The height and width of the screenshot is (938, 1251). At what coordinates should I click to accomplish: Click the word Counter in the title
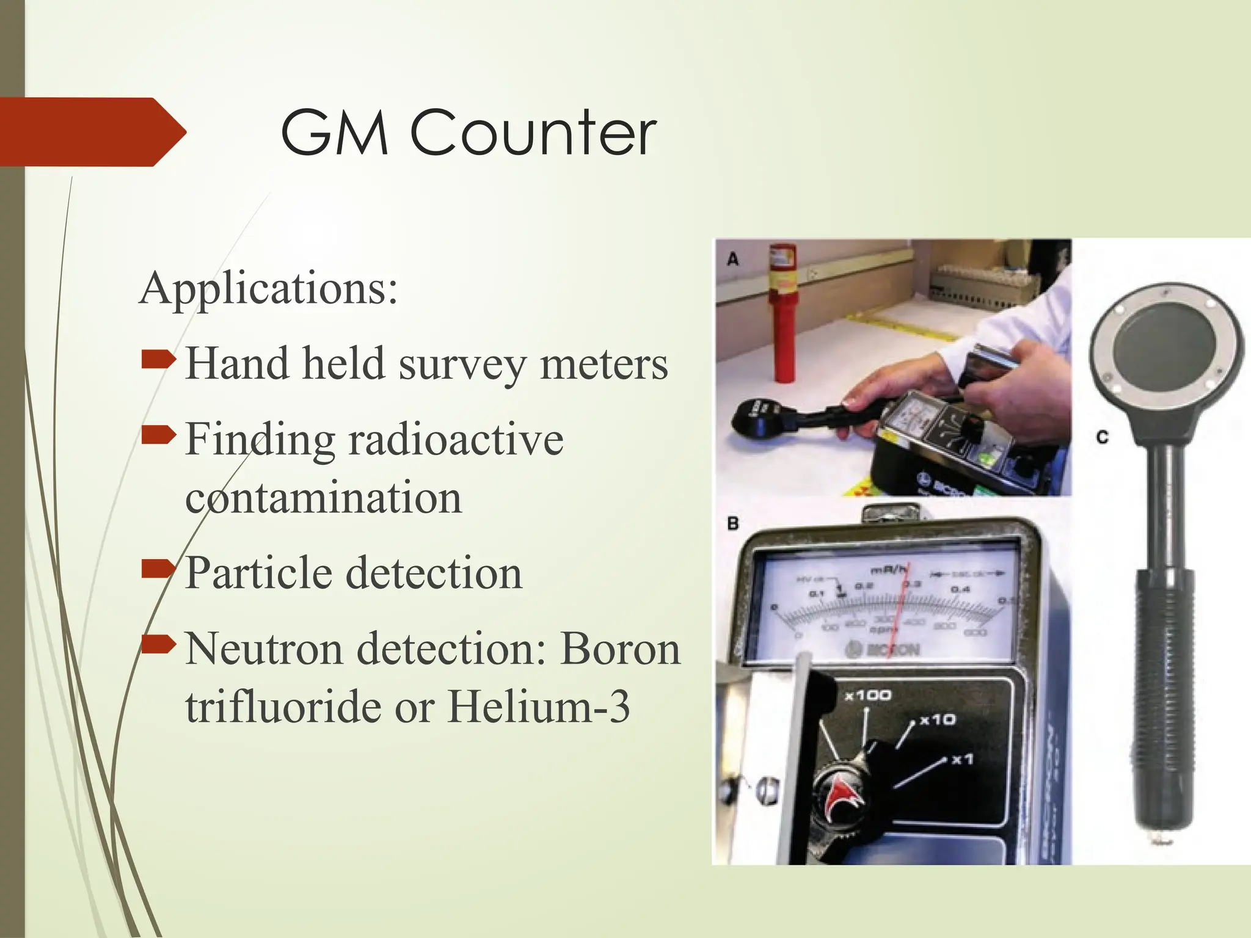(x=533, y=133)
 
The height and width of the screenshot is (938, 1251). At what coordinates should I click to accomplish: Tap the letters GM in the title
(x=334, y=133)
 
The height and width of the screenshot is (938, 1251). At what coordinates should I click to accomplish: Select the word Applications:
(x=269, y=288)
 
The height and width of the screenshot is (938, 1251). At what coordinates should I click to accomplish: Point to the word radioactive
(x=456, y=439)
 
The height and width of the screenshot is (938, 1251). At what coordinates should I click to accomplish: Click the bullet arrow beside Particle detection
(x=158, y=569)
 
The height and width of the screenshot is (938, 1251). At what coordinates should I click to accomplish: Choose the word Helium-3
(x=538, y=707)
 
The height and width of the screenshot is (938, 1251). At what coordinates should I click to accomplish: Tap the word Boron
(x=620, y=649)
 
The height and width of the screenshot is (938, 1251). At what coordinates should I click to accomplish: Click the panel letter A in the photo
(x=733, y=260)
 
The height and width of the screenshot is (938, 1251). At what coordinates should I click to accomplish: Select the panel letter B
(x=733, y=523)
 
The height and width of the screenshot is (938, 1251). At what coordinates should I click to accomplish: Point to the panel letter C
(x=1102, y=437)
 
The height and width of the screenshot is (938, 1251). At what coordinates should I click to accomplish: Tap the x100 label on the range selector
(x=868, y=695)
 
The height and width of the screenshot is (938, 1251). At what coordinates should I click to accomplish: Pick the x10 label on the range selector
(x=938, y=719)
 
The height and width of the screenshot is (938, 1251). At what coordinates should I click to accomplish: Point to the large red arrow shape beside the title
(x=92, y=132)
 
